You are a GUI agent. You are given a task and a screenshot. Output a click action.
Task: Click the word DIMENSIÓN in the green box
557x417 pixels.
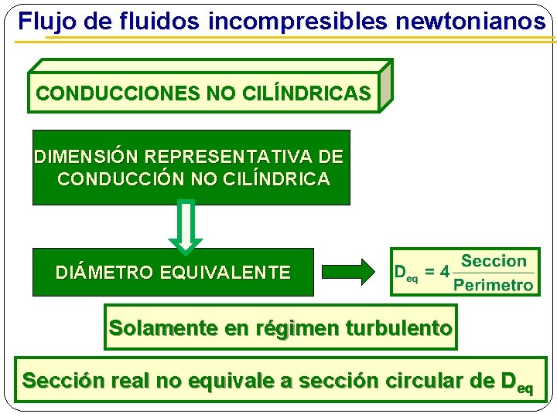(x=87, y=157)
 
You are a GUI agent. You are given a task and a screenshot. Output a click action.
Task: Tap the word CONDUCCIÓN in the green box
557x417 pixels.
(x=120, y=179)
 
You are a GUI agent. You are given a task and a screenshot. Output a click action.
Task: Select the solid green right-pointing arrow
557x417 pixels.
(x=347, y=272)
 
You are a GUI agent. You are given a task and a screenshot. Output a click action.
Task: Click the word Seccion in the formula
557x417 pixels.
(x=494, y=262)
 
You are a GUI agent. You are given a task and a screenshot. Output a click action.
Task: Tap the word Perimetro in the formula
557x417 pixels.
(x=494, y=285)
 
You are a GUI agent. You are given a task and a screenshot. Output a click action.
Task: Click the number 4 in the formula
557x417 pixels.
(x=444, y=273)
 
